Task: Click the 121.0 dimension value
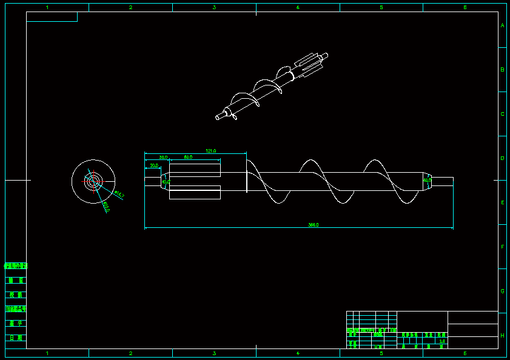click(211, 151)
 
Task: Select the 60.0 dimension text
click(188, 157)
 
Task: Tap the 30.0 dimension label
click(163, 157)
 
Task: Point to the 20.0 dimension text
click(154, 165)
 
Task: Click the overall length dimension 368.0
click(314, 225)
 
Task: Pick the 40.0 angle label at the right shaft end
click(427, 180)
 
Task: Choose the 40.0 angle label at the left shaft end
click(166, 181)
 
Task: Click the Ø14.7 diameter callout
click(119, 195)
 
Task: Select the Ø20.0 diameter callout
click(106, 207)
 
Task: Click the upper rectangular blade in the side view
click(195, 170)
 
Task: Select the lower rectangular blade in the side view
click(195, 193)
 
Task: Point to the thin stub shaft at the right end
click(443, 181)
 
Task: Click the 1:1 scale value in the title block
click(441, 341)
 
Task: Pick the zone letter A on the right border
click(502, 26)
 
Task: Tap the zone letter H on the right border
click(502, 335)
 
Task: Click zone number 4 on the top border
click(298, 7)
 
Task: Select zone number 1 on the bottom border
click(47, 353)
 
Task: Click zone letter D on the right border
click(502, 158)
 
